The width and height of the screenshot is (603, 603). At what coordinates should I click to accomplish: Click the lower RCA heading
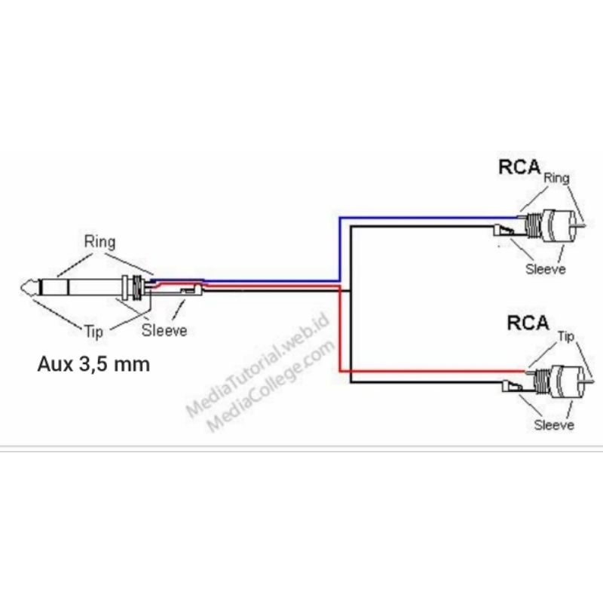[x=527, y=323]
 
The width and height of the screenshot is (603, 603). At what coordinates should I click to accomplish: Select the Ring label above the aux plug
[x=99, y=243]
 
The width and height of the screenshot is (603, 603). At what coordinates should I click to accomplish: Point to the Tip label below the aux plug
[x=92, y=330]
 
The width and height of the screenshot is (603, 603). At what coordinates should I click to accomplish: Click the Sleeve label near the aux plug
[x=164, y=330]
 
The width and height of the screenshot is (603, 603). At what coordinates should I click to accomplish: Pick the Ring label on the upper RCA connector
[x=556, y=179]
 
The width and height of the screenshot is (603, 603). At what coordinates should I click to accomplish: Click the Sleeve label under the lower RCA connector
[x=554, y=425]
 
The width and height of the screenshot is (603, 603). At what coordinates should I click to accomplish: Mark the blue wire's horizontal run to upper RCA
[x=422, y=218]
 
